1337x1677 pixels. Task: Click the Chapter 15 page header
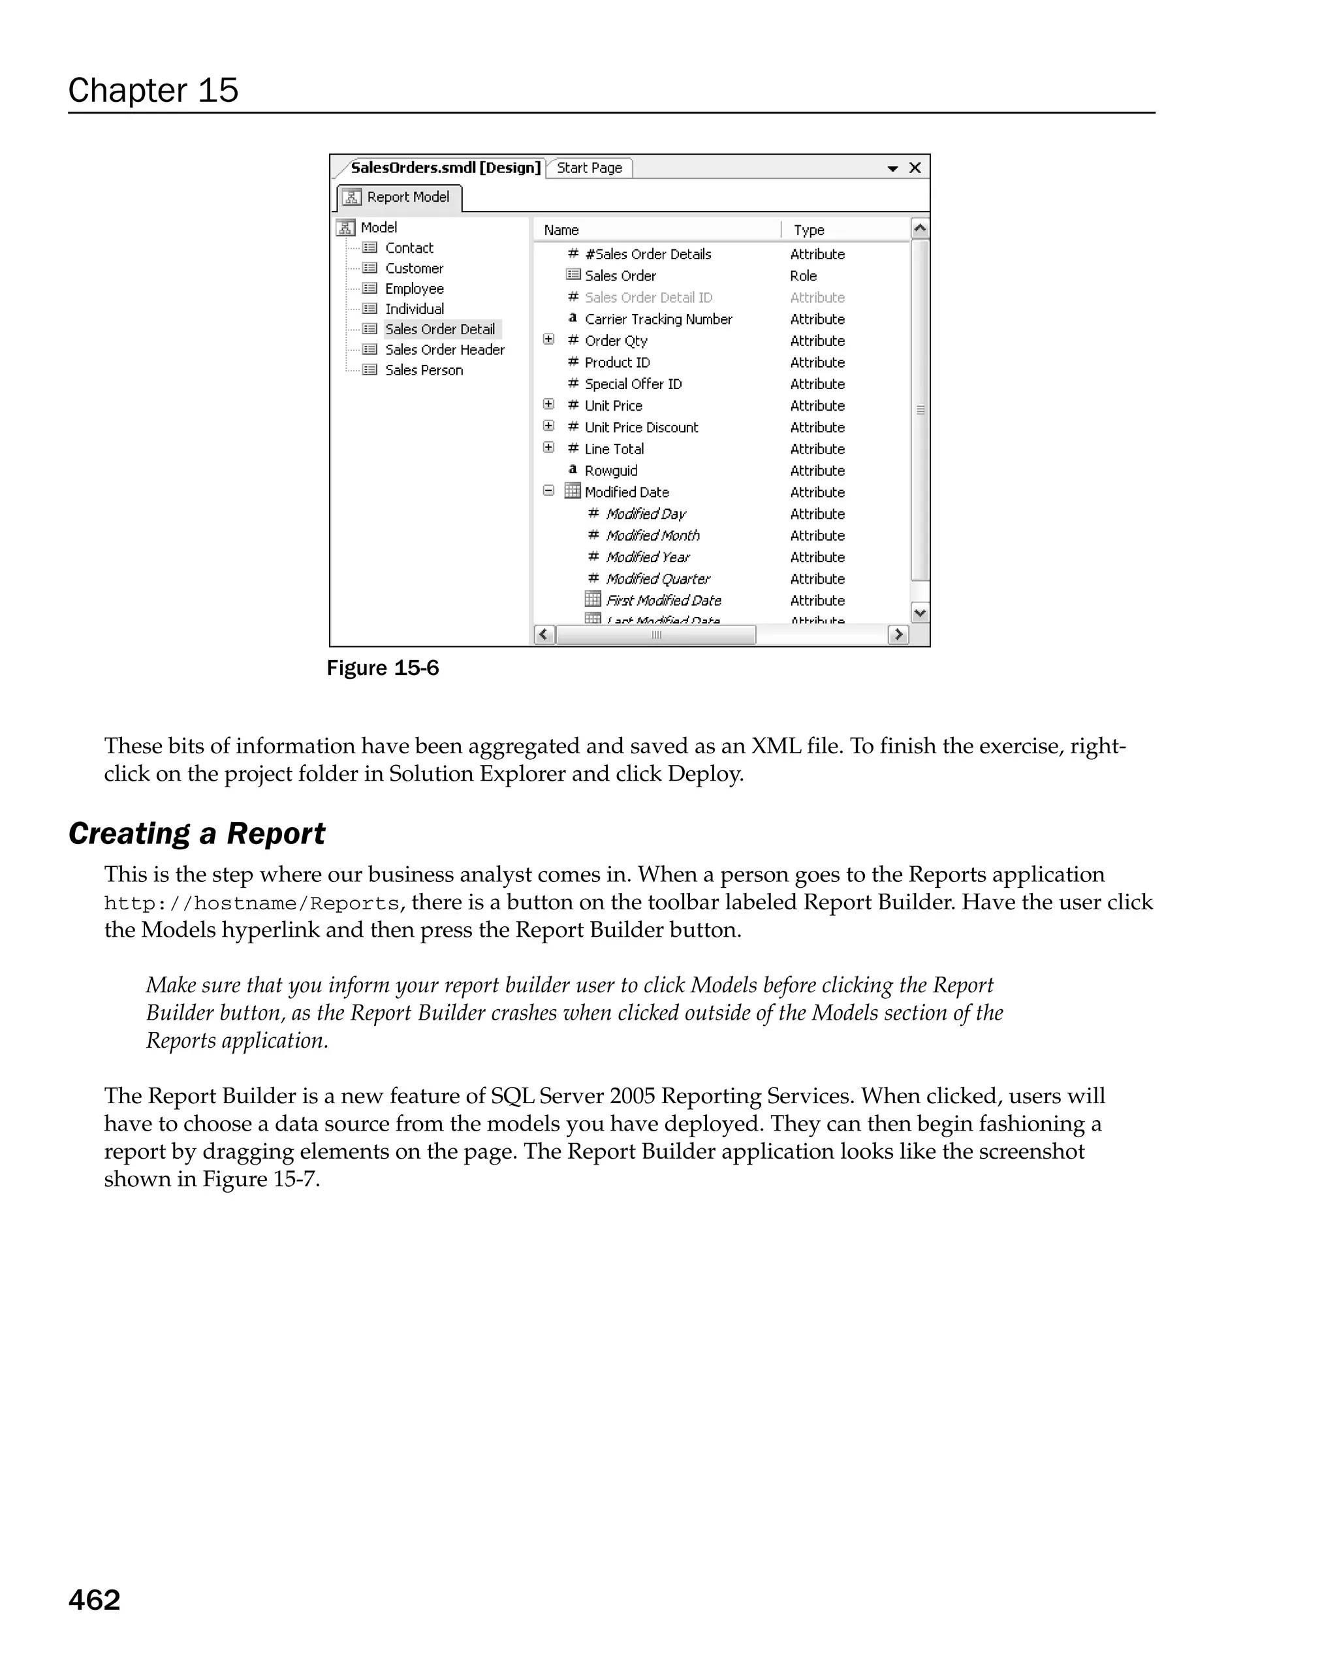153,90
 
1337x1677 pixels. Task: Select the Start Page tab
589,168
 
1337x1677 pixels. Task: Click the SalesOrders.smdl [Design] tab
444,168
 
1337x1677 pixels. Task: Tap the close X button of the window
915,168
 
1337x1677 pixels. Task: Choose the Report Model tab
399,198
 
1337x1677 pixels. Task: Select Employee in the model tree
414,289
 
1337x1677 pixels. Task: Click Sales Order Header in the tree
444,350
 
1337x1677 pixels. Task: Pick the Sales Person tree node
423,370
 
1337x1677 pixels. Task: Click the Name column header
561,230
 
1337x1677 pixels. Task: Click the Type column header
808,230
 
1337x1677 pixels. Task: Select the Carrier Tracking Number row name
658,319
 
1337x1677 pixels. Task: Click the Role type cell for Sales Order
803,276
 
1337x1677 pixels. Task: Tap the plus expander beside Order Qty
548,340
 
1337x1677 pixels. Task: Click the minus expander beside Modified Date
548,492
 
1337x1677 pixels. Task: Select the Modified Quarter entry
657,579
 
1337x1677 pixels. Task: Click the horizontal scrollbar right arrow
898,635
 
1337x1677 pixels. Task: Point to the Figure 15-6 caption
382,668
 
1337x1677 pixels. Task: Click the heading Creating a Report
196,834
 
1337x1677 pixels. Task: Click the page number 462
94,1600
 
